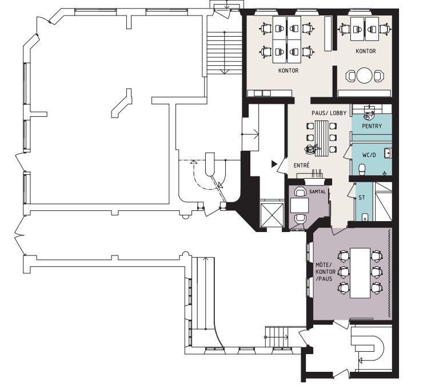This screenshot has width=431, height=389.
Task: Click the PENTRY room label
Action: pyautogui.click(x=372, y=126)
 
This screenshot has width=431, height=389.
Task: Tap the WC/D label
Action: pyautogui.click(x=369, y=155)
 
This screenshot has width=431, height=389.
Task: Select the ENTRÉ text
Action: pyautogui.click(x=302, y=166)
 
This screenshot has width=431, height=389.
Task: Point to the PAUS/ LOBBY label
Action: pyautogui.click(x=329, y=113)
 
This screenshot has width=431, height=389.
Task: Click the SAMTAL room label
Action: pyautogui.click(x=317, y=191)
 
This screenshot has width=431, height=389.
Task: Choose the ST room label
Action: pyautogui.click(x=362, y=198)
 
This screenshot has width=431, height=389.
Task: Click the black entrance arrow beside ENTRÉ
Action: pyautogui.click(x=274, y=164)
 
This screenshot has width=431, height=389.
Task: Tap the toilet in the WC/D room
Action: pyautogui.click(x=362, y=169)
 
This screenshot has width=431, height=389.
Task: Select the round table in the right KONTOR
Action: pyautogui.click(x=364, y=75)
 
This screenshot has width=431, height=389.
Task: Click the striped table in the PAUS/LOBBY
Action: pyautogui.click(x=322, y=138)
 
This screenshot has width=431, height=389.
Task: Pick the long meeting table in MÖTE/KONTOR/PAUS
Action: pyautogui.click(x=360, y=273)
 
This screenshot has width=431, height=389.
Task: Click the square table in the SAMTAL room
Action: pyautogui.click(x=300, y=205)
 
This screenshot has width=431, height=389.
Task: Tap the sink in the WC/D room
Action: pyautogui.click(x=388, y=153)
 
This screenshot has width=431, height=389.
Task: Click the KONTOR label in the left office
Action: pyautogui.click(x=288, y=70)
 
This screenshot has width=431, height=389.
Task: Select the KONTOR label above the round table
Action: pyautogui.click(x=366, y=51)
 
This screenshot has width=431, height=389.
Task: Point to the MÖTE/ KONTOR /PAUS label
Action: pyautogui.click(x=325, y=272)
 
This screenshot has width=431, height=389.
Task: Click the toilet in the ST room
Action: pyautogui.click(x=365, y=217)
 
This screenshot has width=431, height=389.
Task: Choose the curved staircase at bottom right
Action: pyautogui.click(x=367, y=348)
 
